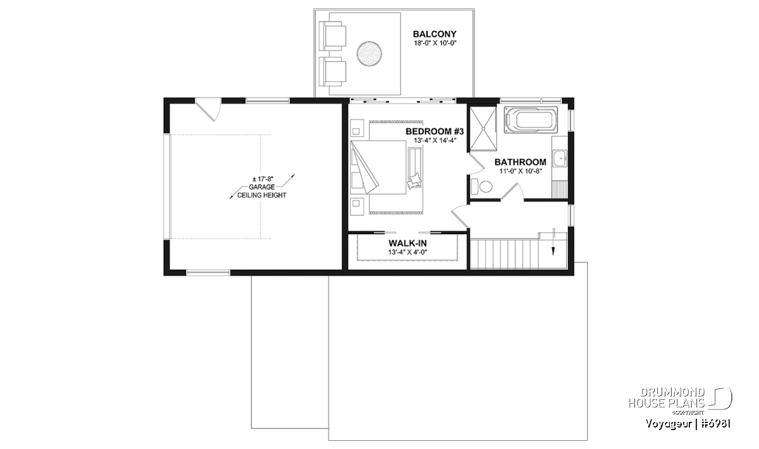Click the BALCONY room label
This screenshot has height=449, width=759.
[435, 34]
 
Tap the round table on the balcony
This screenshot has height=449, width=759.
[369, 54]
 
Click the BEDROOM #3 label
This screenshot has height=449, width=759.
[435, 131]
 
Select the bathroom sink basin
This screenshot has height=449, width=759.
[560, 159]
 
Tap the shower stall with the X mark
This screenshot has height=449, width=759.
[482, 128]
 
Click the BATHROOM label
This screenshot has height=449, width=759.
[520, 162]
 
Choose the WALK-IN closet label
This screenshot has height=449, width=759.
[407, 243]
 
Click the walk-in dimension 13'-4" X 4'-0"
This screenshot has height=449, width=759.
[407, 252]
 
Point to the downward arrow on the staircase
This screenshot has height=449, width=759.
[553, 242]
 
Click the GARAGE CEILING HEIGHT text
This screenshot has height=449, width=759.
[262, 191]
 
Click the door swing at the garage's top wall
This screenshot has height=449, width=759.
[208, 110]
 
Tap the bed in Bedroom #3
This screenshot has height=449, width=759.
[378, 167]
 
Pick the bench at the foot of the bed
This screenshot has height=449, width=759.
[416, 167]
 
